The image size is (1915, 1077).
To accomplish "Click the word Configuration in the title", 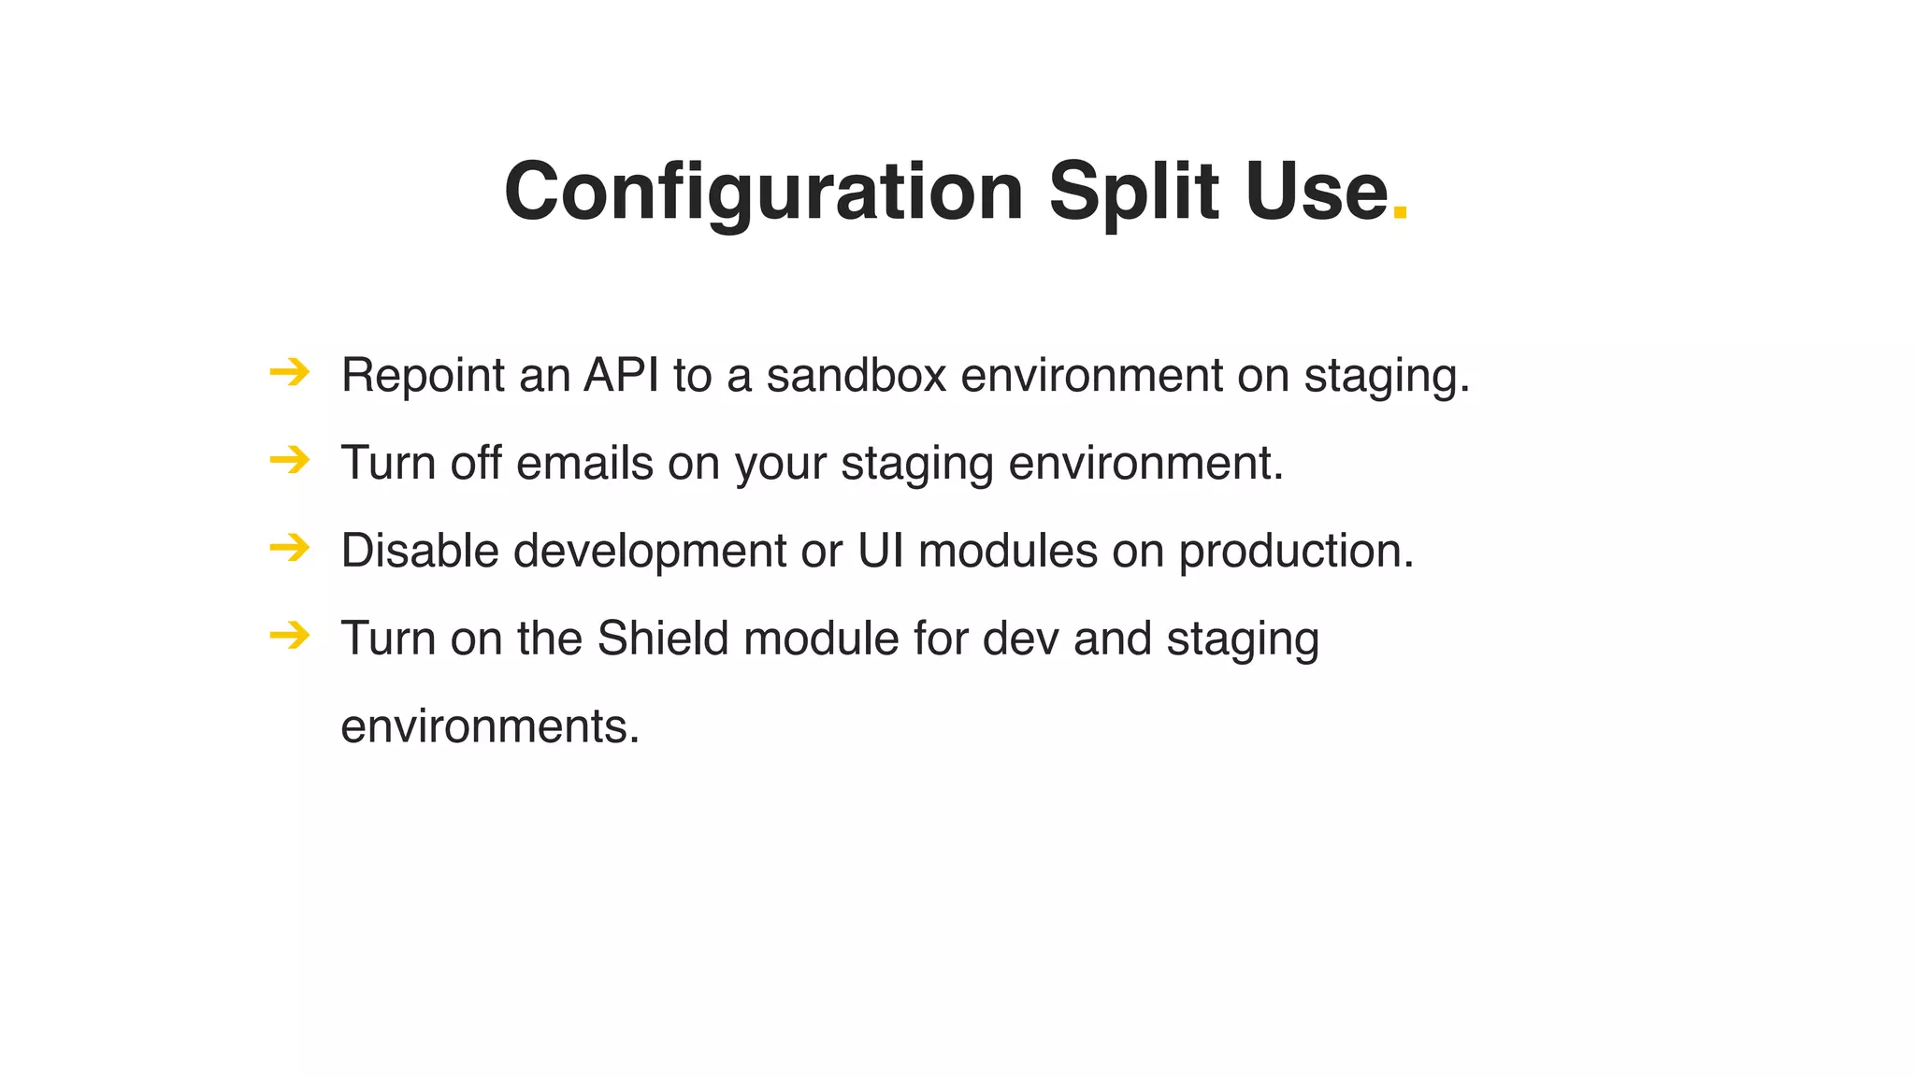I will [x=762, y=192].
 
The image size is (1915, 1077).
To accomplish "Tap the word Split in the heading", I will [x=1132, y=192].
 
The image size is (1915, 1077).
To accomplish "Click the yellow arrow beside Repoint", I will [x=289, y=373].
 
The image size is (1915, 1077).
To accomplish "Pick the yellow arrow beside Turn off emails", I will [x=289, y=460].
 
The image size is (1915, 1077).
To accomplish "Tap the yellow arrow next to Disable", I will [x=289, y=548].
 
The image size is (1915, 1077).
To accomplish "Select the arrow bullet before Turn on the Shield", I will [x=289, y=636].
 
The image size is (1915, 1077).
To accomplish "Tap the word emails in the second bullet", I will [x=583, y=463].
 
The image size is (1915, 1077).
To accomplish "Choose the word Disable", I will [x=419, y=550].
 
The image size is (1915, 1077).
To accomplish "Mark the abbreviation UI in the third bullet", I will [x=880, y=550].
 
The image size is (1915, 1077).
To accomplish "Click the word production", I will [x=1295, y=552].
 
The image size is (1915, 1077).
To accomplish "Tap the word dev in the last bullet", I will [x=1020, y=638].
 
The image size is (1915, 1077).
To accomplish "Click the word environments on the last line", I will [x=489, y=726].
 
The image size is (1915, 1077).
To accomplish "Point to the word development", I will [x=649, y=552].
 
